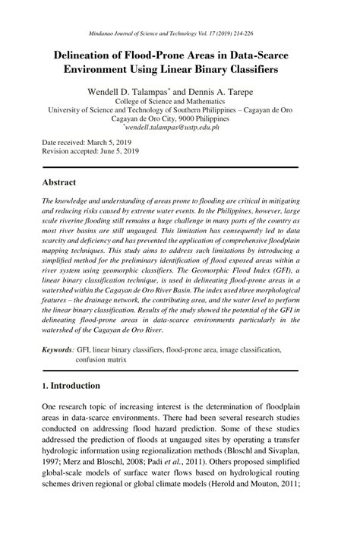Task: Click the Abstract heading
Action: (58, 183)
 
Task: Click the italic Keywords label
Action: (57, 350)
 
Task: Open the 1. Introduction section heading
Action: (71, 386)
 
